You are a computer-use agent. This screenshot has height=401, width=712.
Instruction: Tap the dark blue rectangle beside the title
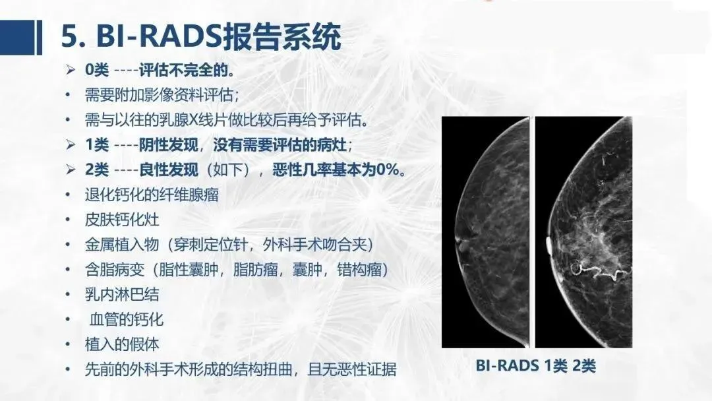(x=17, y=37)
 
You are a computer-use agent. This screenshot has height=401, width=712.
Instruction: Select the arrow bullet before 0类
(x=70, y=70)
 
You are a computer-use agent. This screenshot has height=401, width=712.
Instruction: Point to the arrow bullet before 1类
(x=70, y=145)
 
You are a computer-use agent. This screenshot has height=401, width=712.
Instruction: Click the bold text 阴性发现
(x=168, y=145)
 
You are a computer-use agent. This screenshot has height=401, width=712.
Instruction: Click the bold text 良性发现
(x=168, y=170)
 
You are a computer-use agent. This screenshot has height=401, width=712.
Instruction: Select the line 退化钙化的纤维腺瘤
(x=152, y=195)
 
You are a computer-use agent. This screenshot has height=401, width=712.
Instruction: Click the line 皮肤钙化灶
(x=122, y=220)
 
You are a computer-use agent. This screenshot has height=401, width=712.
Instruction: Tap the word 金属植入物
(x=122, y=245)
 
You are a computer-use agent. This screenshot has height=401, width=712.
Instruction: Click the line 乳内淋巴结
(x=122, y=295)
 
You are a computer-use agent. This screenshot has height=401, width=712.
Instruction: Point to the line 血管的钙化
(x=126, y=320)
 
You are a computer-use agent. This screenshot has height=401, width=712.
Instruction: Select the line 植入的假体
(x=122, y=345)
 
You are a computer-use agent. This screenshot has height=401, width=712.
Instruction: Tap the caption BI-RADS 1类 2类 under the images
(x=536, y=365)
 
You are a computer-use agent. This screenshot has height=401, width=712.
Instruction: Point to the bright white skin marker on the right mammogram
(x=549, y=245)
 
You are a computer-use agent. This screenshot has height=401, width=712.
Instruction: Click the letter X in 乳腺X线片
(x=193, y=120)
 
